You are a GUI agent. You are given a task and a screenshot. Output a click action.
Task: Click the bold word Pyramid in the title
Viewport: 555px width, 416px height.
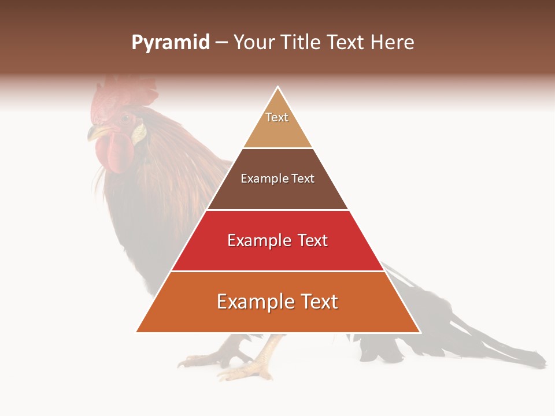(170, 43)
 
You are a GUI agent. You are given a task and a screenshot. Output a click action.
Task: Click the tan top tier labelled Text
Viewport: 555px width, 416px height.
(277, 124)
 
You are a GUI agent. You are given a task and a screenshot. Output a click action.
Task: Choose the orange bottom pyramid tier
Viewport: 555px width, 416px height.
(277, 309)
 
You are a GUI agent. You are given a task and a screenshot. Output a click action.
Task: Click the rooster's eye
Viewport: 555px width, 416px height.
(125, 118)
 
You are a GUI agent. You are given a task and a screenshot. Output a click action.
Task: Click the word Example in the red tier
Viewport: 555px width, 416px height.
(258, 240)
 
